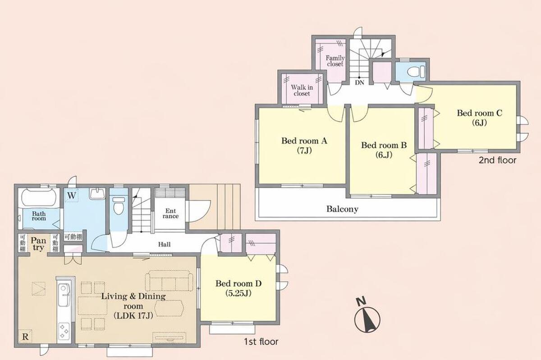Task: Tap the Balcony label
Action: click(x=342, y=209)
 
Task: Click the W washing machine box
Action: click(x=72, y=196)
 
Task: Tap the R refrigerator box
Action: click(x=25, y=337)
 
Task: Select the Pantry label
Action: click(x=38, y=244)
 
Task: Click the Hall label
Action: click(x=164, y=244)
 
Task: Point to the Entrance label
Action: click(x=170, y=214)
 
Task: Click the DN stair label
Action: click(x=359, y=82)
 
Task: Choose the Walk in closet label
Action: click(x=302, y=90)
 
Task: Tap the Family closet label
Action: click(x=335, y=61)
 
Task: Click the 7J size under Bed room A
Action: click(x=304, y=150)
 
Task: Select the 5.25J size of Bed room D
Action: click(x=238, y=293)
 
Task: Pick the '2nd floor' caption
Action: click(x=498, y=160)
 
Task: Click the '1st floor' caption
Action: click(x=261, y=342)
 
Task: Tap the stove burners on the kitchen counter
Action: click(x=64, y=331)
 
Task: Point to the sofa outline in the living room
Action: click(x=169, y=281)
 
